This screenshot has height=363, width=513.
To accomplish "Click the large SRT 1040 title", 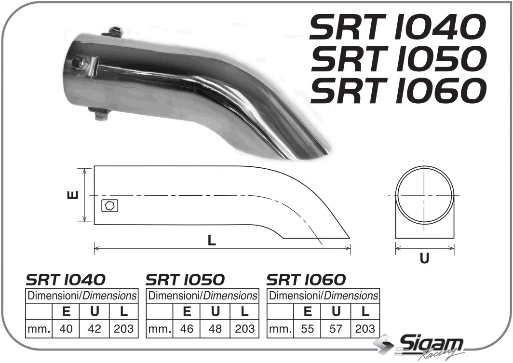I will pyautogui.click(x=396, y=27).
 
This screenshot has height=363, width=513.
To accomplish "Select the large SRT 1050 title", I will pyautogui.click(x=396, y=59).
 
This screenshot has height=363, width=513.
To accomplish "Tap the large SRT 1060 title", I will pyautogui.click(x=396, y=91).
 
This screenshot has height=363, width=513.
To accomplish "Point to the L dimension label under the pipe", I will pyautogui.click(x=212, y=241).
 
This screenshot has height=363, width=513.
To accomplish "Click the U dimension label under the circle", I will pyautogui.click(x=424, y=258).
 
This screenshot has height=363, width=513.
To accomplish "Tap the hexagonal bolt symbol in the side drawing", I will pyautogui.click(x=110, y=206).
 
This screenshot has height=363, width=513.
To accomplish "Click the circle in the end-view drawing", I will pyautogui.click(x=424, y=195).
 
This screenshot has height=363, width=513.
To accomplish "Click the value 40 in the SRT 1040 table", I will pyautogui.click(x=67, y=329).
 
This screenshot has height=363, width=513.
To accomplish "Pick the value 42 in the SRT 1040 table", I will pyautogui.click(x=95, y=329).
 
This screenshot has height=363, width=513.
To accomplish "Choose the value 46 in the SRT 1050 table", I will pyautogui.click(x=187, y=329).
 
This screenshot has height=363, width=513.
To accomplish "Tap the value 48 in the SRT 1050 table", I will pyautogui.click(x=216, y=329).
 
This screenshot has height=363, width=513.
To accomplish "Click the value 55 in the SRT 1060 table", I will pyautogui.click(x=308, y=329).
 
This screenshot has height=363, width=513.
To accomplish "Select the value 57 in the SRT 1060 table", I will pyautogui.click(x=336, y=329).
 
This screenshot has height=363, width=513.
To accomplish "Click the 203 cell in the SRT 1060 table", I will pyautogui.click(x=364, y=329).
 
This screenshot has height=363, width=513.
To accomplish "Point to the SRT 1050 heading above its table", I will pyautogui.click(x=185, y=280).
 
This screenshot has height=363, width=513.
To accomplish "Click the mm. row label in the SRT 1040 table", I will pyautogui.click(x=39, y=329).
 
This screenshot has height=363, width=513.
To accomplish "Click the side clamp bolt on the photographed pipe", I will pyautogui.click(x=78, y=63).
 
